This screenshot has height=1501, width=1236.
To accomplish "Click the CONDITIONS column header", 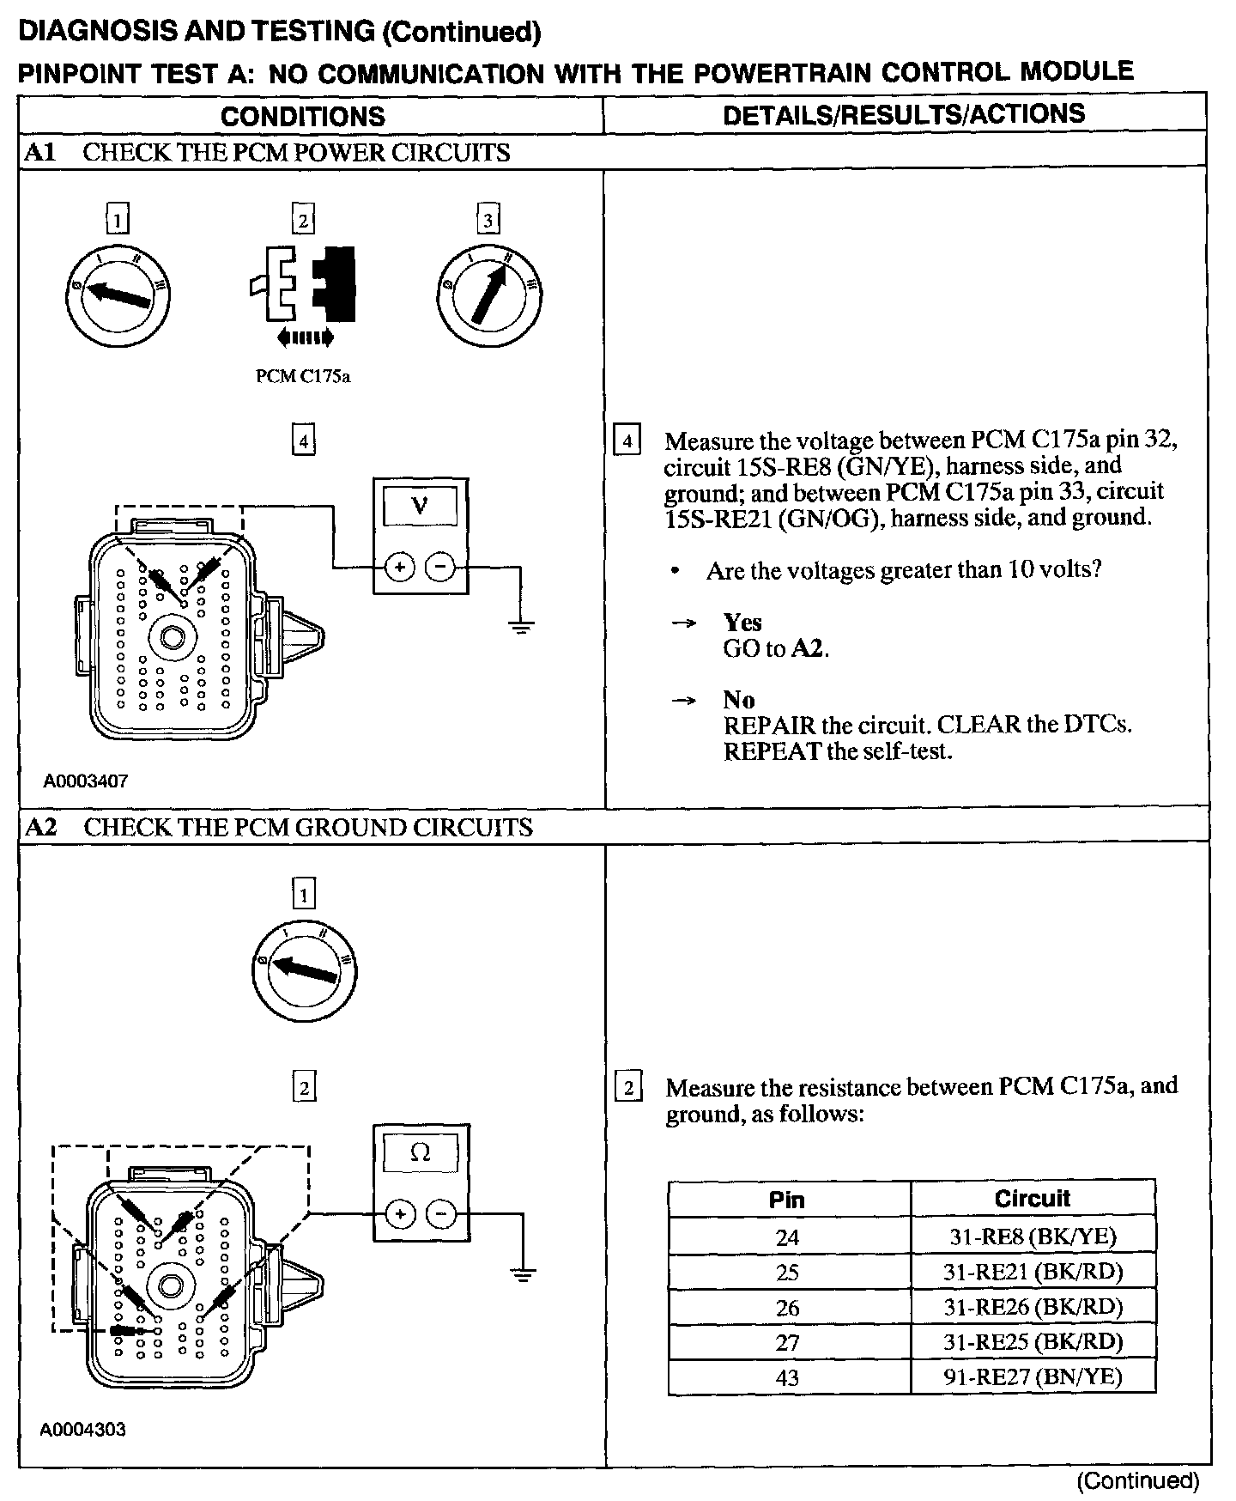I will (302, 116).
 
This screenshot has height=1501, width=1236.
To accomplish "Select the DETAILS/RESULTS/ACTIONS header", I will (904, 114).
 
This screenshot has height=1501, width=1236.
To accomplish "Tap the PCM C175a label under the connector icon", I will (303, 376).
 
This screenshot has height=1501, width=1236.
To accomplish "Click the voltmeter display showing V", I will (420, 506).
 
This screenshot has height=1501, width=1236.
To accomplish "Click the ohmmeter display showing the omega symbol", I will (421, 1153).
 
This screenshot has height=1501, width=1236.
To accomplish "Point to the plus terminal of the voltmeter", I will (399, 567).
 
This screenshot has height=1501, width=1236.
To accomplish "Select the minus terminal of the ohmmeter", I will (441, 1213).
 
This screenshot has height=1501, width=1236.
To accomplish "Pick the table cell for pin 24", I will (788, 1237).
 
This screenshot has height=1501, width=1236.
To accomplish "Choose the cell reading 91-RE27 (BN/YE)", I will (1032, 1376).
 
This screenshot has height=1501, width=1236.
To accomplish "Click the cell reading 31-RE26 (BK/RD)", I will (1032, 1307).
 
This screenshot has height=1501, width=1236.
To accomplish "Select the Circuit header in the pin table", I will (1032, 1199).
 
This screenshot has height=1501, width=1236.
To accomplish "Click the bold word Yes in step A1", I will (742, 622).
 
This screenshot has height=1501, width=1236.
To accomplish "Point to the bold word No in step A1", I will (738, 699).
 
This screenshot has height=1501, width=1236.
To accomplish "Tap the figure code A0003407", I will (86, 781).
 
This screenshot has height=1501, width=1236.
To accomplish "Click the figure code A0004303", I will (83, 1430).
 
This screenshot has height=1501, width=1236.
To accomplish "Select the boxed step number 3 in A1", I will (488, 221).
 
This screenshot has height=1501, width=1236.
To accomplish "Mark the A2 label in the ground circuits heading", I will (41, 827).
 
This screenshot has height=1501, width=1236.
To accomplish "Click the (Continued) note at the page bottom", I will (1138, 1480).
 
